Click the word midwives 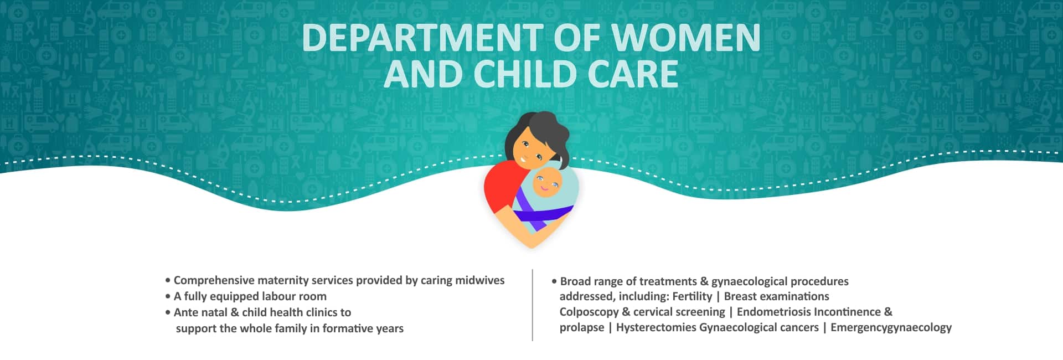coord(479,280)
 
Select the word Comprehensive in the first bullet coord(214,281)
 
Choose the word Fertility coord(692,297)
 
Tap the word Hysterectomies coord(656,328)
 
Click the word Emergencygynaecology coord(891,328)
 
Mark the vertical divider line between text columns coord(532,305)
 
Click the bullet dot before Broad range coord(554,281)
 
